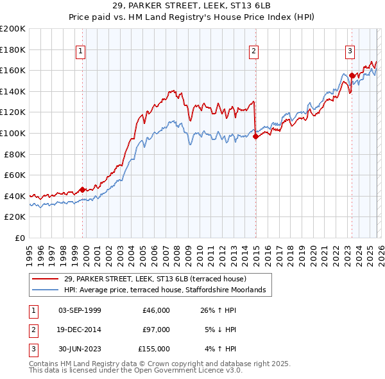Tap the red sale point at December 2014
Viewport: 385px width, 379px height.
pos(255,136)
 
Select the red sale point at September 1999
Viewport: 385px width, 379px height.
pos(83,189)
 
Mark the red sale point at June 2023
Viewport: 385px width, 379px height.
pos(352,76)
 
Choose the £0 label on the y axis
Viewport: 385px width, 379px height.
pos(19,238)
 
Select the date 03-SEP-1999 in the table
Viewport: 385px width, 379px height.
pos(80,310)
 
